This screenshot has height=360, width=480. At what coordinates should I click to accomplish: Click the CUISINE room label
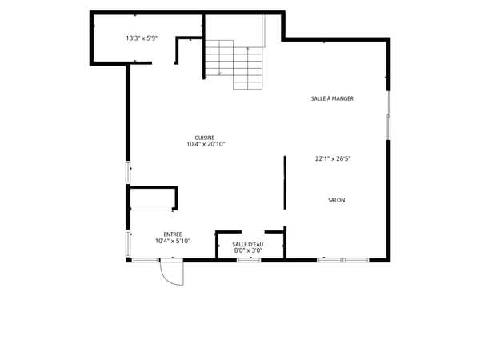(x=205, y=138)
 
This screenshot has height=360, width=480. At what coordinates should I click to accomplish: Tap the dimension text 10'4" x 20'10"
(x=206, y=144)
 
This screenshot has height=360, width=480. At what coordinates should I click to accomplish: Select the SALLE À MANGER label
(x=332, y=98)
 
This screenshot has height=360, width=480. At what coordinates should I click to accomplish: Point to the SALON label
(x=337, y=200)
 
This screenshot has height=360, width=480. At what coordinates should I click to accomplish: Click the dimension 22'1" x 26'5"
(x=333, y=158)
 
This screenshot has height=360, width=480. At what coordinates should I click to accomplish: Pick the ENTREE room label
(x=173, y=234)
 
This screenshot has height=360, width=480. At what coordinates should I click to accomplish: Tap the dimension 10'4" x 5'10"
(x=173, y=242)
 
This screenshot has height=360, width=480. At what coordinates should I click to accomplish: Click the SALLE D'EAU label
(x=248, y=245)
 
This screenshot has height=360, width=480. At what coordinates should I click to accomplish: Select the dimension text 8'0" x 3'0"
(x=248, y=250)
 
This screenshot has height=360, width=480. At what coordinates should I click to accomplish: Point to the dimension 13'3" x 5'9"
(x=142, y=38)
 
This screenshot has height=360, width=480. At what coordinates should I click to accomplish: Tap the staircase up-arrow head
(x=248, y=48)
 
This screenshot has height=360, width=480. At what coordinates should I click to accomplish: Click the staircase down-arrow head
(x=219, y=74)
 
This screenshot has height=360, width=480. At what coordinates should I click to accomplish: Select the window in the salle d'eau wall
(x=249, y=261)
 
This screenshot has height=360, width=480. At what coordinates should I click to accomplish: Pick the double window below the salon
(x=343, y=261)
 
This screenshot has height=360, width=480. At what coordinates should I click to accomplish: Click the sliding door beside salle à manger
(x=389, y=115)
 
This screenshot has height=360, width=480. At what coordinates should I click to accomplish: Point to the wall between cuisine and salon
(x=285, y=182)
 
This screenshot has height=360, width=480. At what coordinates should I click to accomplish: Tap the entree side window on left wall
(x=128, y=244)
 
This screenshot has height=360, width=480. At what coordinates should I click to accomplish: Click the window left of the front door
(x=146, y=261)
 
